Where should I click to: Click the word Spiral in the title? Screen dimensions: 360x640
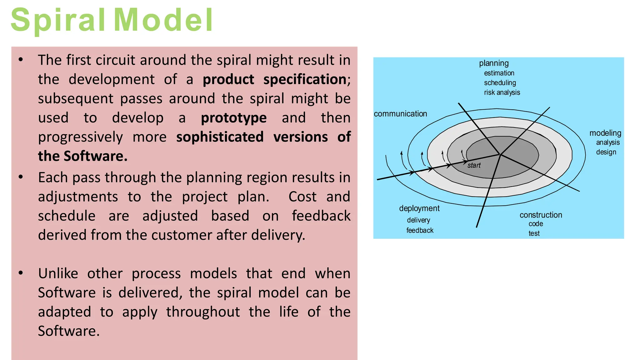coord(58,20)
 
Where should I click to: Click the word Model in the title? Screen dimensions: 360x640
coord(163,20)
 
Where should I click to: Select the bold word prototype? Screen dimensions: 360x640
coord(234,118)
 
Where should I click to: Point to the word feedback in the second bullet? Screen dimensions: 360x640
coord(321,216)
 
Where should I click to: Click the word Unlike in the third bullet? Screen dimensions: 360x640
coord(58,274)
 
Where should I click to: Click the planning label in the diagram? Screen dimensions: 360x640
coord(494,63)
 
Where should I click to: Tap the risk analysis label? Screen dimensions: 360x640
coord(502,92)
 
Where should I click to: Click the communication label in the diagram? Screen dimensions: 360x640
coord(400,114)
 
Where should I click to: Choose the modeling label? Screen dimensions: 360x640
coord(605,133)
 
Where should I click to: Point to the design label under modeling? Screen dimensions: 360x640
coord(606,152)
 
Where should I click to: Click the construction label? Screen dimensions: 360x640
coord(541,215)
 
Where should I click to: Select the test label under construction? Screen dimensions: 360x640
coord(534,233)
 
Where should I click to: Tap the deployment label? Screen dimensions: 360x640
coord(419,208)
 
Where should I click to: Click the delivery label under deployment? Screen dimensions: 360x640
coord(418,220)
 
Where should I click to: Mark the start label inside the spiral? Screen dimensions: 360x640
coord(474,166)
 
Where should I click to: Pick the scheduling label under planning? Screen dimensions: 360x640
coord(500,83)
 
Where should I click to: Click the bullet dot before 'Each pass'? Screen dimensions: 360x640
coord(21,177)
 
